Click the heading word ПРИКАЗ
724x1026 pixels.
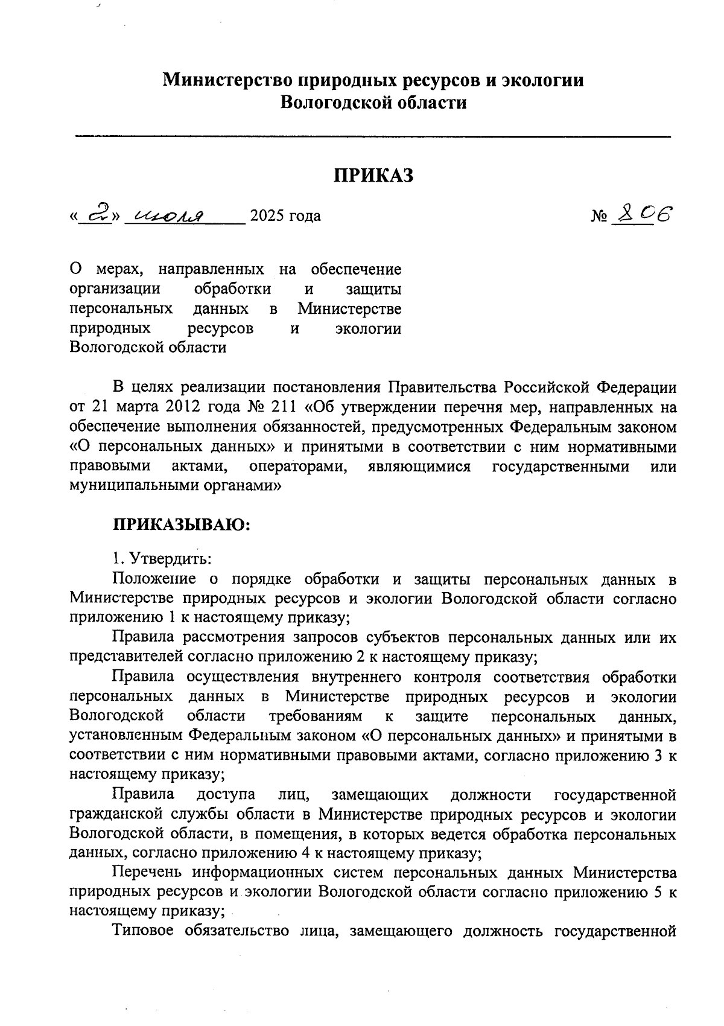[374, 175]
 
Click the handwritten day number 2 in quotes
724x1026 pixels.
[97, 214]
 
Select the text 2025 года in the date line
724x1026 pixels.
[285, 216]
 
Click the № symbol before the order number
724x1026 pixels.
[599, 217]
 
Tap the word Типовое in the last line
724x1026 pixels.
[143, 931]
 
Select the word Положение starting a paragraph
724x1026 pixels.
[154, 579]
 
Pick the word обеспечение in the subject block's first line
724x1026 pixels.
[356, 269]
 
